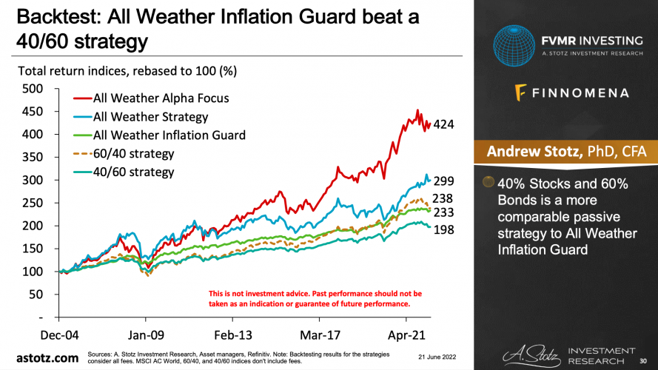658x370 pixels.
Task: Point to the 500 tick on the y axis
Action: (x=33, y=89)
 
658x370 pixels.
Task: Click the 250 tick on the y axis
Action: (x=33, y=203)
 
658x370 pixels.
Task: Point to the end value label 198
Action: (x=443, y=229)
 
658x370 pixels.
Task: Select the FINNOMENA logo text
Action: (x=572, y=93)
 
